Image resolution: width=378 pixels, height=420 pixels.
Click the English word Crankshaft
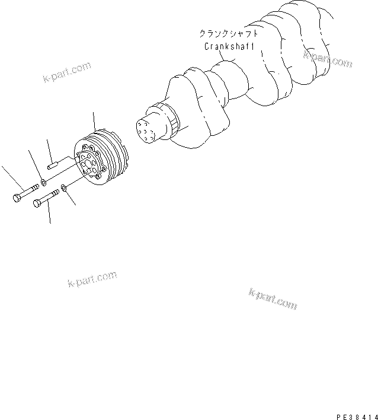pos(229,46)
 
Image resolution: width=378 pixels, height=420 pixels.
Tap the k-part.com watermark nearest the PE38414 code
pos(273,300)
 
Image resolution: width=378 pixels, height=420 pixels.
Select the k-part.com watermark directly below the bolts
pos(92,280)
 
